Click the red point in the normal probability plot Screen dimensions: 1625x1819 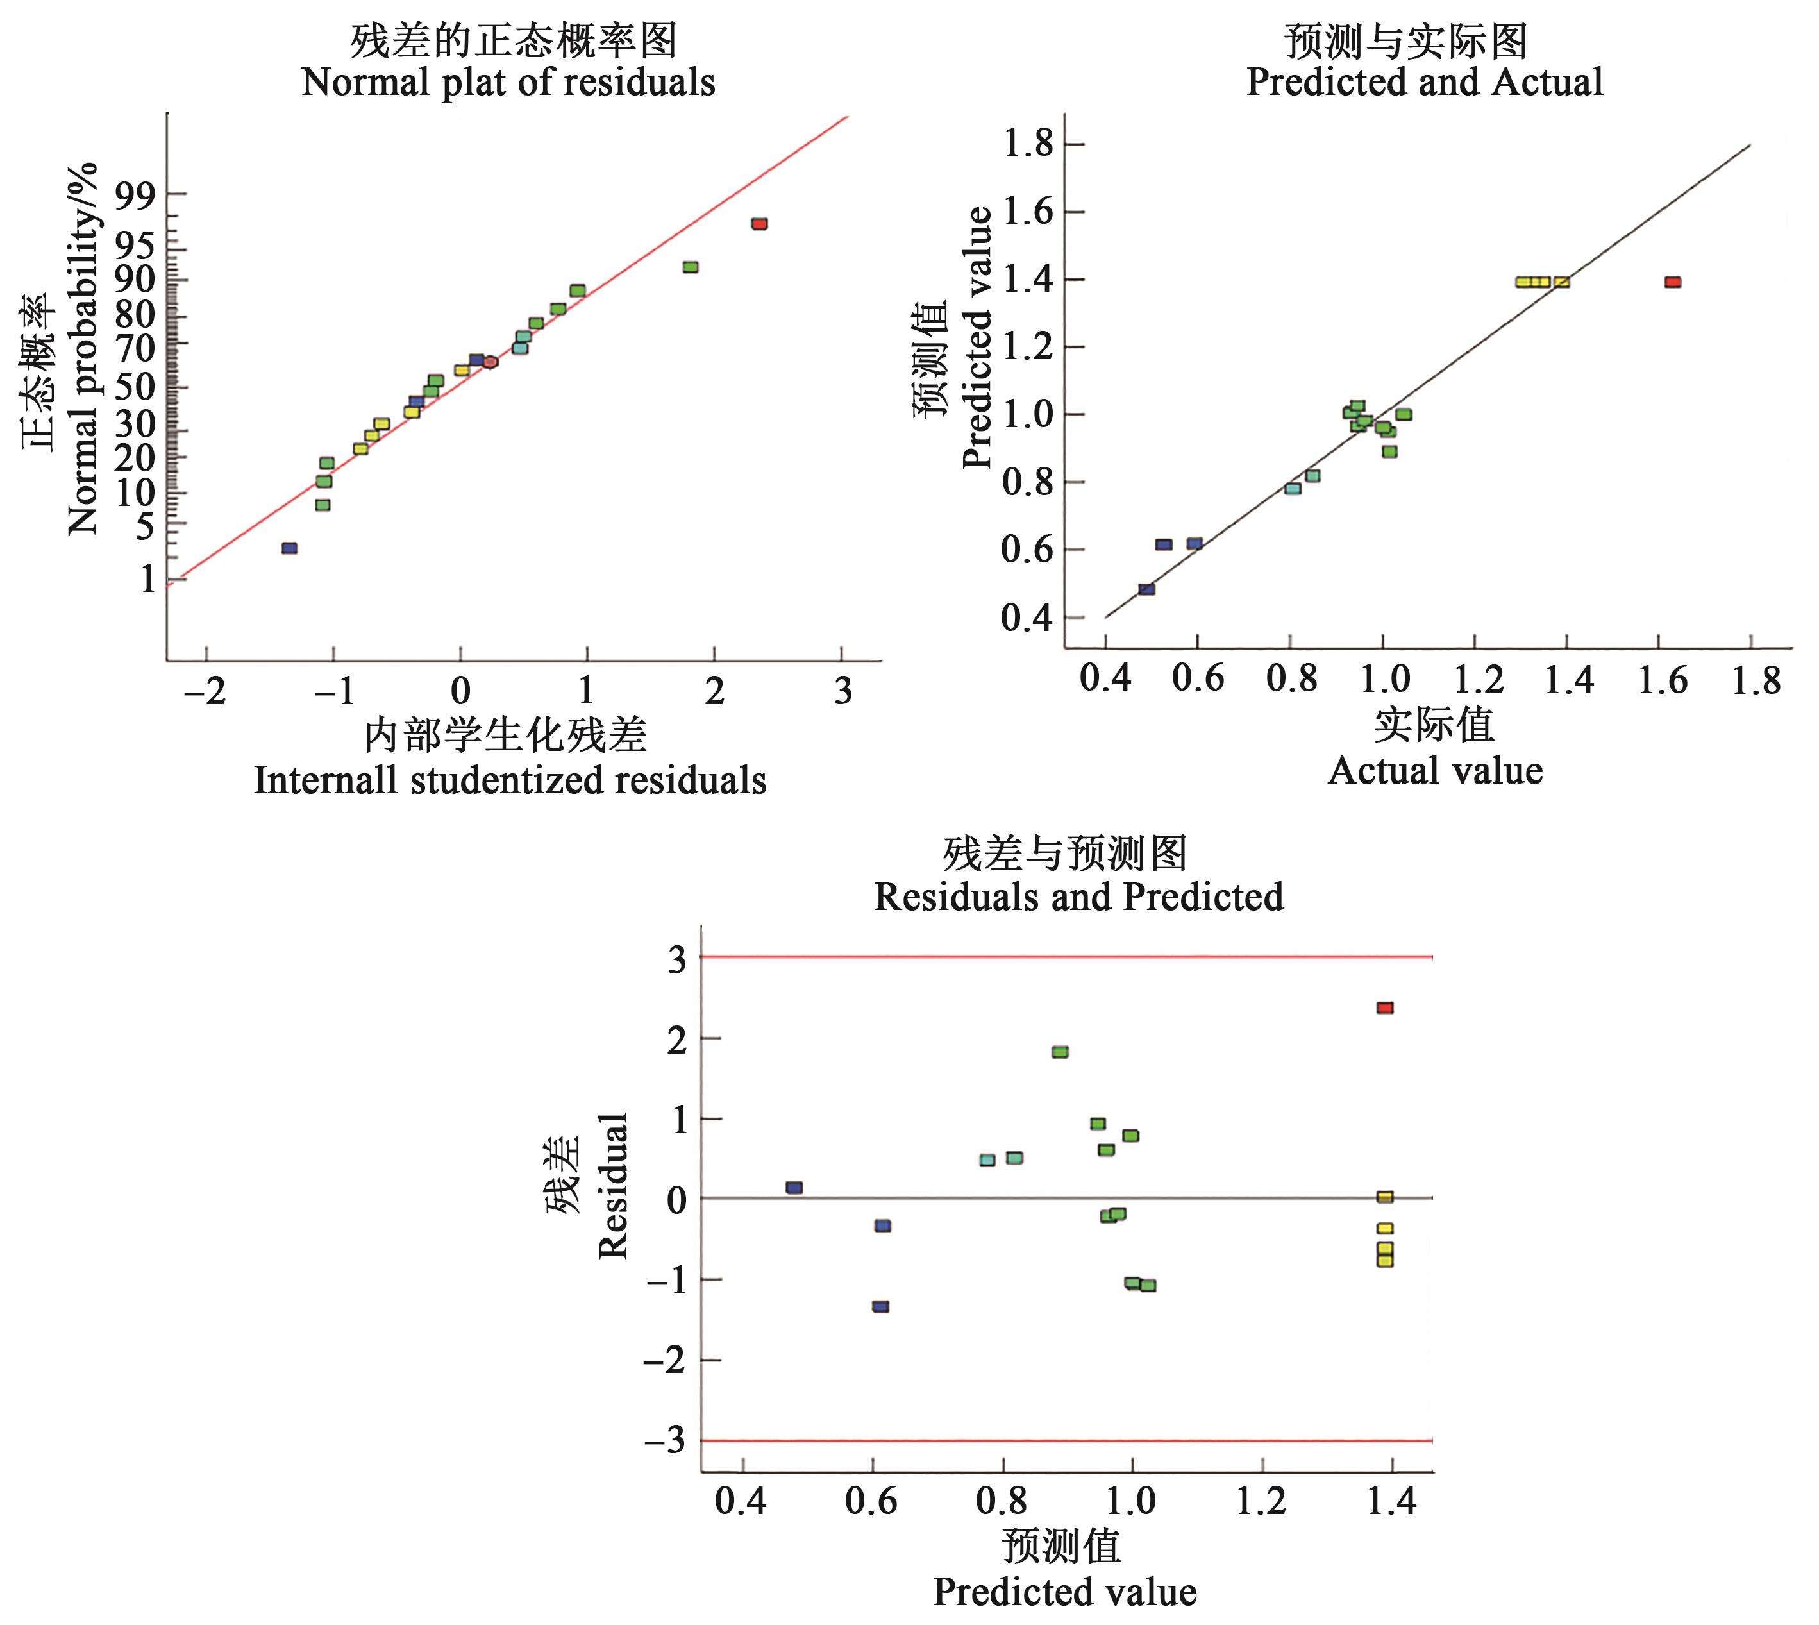(759, 223)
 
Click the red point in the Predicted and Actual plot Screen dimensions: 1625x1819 (1673, 282)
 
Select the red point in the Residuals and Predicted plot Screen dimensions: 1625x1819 (1384, 1008)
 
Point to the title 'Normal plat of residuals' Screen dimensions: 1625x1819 (508, 83)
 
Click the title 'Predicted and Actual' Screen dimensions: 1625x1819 (1425, 83)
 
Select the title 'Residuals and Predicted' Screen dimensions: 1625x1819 (1078, 897)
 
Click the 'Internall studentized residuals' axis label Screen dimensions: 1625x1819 (510, 780)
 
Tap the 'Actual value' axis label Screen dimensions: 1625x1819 (1435, 771)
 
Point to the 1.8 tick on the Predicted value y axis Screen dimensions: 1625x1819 (1029, 144)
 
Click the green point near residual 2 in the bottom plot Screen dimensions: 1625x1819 (1059, 1052)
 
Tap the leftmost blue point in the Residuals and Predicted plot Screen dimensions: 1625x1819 (794, 1188)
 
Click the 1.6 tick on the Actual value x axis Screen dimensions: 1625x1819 (1663, 681)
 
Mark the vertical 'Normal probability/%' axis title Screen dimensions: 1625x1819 (82, 348)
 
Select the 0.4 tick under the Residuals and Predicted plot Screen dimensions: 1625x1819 (740, 1502)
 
